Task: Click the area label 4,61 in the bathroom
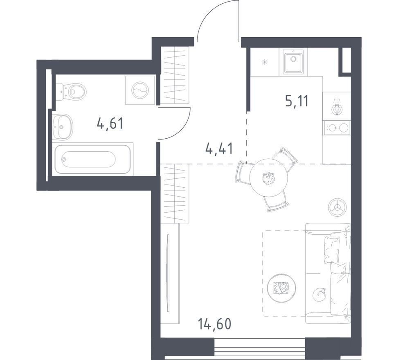pyautogui.click(x=110, y=124)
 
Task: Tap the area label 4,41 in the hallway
pyautogui.click(x=219, y=148)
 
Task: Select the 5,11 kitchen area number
pyautogui.click(x=297, y=101)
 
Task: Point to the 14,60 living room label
pyautogui.click(x=214, y=324)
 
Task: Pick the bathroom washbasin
pyautogui.click(x=63, y=127)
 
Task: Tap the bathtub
pyautogui.click(x=93, y=159)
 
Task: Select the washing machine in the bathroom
pyautogui.click(x=140, y=90)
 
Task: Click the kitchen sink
pyautogui.click(x=293, y=61)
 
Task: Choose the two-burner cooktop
pyautogui.click(x=337, y=128)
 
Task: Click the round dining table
pyautogui.click(x=269, y=177)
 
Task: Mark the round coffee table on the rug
pyautogui.click(x=281, y=288)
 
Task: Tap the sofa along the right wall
pyautogui.click(x=328, y=273)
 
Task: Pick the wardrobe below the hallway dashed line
pyautogui.click(x=175, y=193)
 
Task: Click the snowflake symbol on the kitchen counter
pyautogui.click(x=265, y=62)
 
